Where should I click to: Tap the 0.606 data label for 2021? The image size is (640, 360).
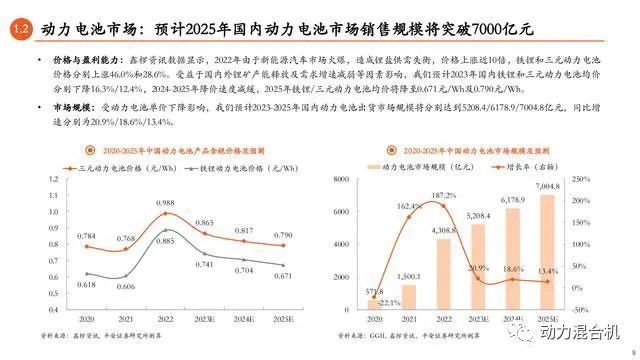pos(125,286)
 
